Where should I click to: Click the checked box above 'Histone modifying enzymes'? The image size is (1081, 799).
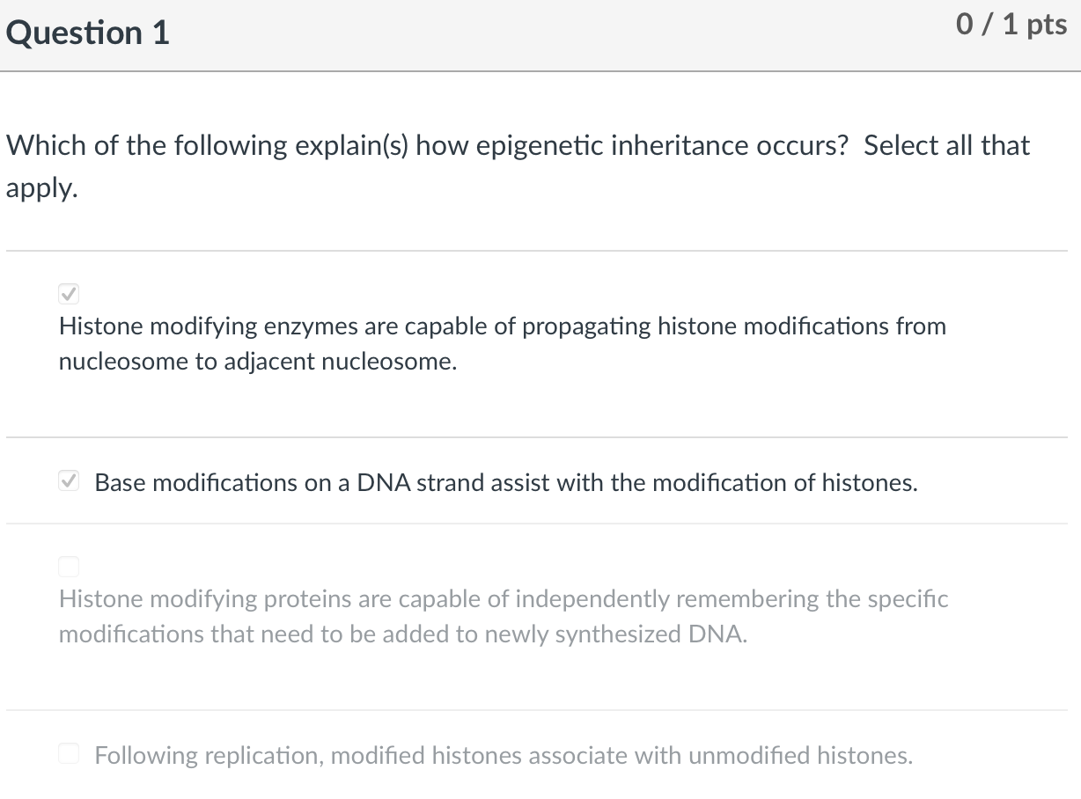coord(69,293)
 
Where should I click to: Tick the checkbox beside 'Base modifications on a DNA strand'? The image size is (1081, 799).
coord(69,481)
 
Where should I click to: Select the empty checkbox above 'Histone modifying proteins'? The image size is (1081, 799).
coord(69,566)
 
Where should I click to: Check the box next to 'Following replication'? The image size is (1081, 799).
coord(69,754)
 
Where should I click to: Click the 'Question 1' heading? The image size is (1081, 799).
coord(87,33)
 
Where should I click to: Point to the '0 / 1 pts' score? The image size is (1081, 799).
coord(1011,25)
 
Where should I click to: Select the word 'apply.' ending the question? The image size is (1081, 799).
coord(42,187)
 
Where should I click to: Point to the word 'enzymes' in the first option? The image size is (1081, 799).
coord(313,326)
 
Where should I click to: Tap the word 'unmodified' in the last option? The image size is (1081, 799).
coord(750,755)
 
